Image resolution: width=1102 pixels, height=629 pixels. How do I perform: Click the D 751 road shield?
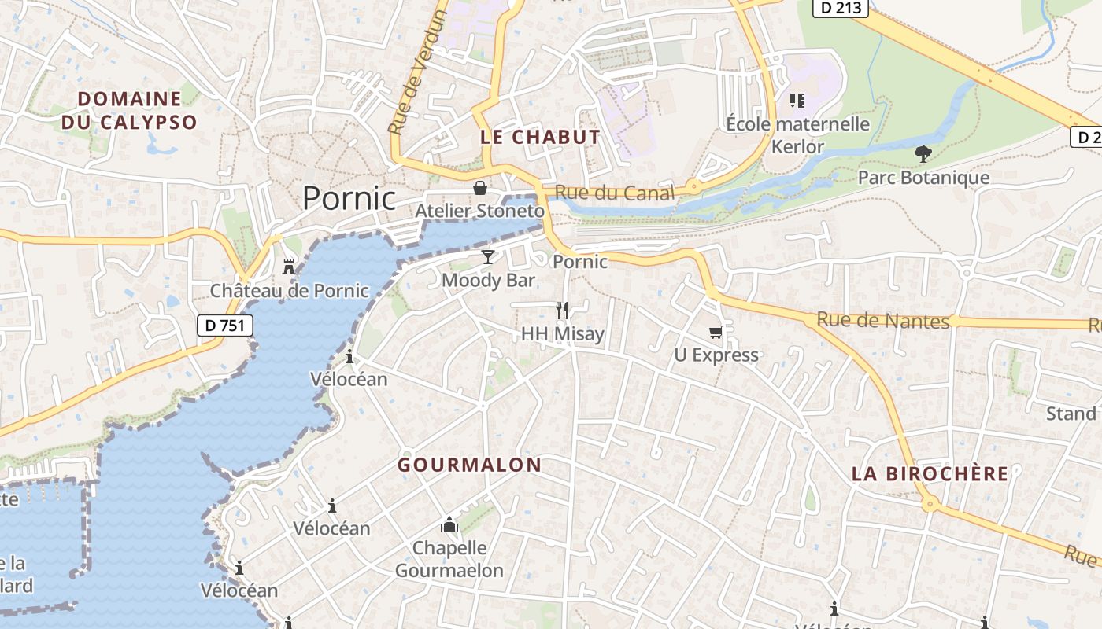(x=225, y=325)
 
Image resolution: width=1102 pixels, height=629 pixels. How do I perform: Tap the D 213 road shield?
(x=840, y=7)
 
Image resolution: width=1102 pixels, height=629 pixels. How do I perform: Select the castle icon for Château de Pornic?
(x=289, y=267)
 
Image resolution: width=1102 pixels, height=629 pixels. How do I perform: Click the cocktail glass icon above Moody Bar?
(x=488, y=256)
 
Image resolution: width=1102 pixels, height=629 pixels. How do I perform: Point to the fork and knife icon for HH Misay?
(x=562, y=310)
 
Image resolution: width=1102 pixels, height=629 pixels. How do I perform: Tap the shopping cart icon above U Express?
(x=716, y=332)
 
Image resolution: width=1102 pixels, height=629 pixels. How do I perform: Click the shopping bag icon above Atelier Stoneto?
(x=479, y=188)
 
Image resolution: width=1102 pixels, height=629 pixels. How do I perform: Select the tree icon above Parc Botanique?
(x=923, y=154)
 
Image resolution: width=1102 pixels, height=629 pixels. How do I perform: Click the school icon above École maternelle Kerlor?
(x=797, y=101)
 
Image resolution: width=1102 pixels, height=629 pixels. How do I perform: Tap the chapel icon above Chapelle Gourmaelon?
(x=449, y=524)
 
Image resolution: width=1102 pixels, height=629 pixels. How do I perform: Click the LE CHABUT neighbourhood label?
(x=540, y=137)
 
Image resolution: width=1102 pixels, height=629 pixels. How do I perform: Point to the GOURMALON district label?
(x=469, y=465)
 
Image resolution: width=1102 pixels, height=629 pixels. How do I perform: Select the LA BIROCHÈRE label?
(x=930, y=473)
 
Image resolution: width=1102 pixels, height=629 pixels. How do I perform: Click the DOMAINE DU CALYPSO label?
(x=129, y=110)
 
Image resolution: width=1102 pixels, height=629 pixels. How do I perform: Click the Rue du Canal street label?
(x=614, y=193)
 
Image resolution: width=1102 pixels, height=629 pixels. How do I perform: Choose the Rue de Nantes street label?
(x=882, y=320)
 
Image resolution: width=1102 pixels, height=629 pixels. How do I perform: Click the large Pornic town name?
(x=349, y=198)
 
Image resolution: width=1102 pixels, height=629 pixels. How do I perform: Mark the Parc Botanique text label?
(x=923, y=177)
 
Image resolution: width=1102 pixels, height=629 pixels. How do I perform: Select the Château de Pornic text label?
(x=289, y=291)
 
